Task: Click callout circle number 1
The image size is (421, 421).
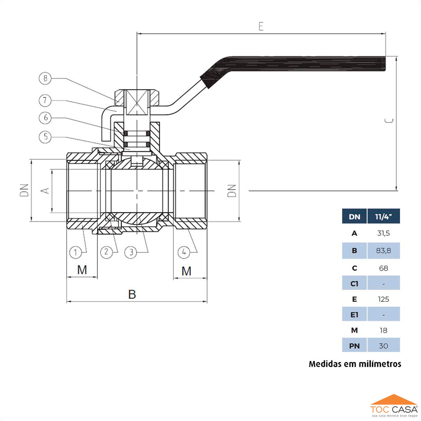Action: point(75,252)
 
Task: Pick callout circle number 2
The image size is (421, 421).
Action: point(106,252)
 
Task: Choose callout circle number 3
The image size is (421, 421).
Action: point(131,252)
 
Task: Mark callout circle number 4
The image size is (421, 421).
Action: point(184,252)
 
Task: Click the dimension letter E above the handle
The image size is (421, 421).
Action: point(261,26)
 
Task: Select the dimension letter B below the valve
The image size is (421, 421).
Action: point(132,294)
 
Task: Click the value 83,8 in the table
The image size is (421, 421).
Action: point(383,251)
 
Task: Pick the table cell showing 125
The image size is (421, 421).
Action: point(383,299)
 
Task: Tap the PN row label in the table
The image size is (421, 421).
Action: point(354,346)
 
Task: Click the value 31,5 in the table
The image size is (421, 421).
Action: point(383,234)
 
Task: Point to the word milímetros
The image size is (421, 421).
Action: point(378,364)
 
